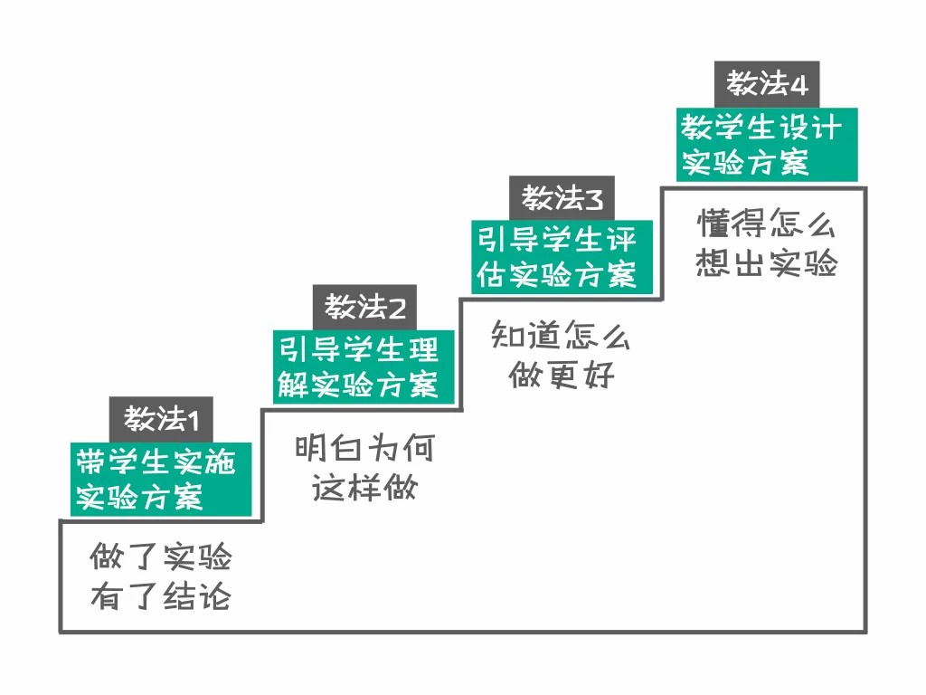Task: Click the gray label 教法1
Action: (161, 419)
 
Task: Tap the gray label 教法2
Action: (364, 308)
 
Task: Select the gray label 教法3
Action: (561, 197)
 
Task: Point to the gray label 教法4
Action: (766, 85)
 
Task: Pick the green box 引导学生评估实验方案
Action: (561, 256)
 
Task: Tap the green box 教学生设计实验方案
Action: (767, 144)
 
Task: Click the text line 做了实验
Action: (161, 557)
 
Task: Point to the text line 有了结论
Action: (161, 597)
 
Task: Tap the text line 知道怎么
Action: (561, 336)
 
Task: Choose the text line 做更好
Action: (561, 375)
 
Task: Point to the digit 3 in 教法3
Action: (593, 198)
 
